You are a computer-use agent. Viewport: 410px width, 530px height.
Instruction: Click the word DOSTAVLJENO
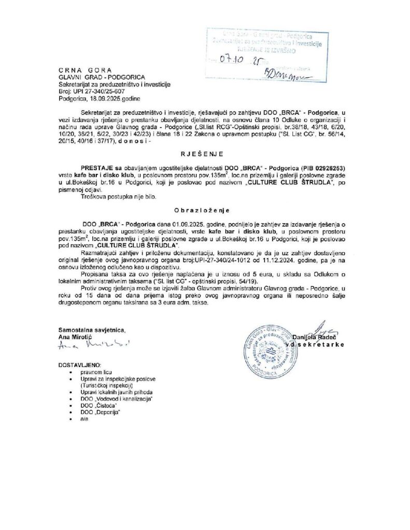[80, 364]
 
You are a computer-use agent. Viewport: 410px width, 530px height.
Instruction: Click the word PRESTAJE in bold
[97, 168]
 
